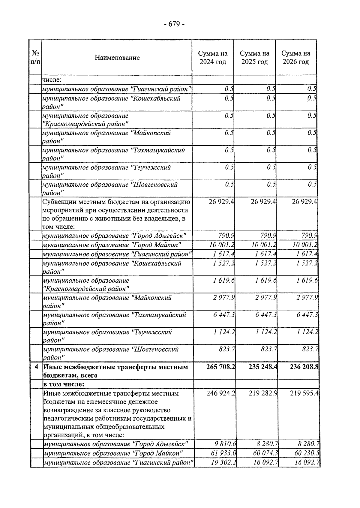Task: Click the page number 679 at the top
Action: [x=174, y=24]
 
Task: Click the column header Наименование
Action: [x=117, y=58]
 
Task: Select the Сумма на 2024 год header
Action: [x=213, y=58]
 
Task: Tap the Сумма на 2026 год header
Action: [x=296, y=58]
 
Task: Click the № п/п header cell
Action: [x=35, y=58]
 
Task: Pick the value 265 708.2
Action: [x=220, y=367]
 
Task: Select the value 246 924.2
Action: [x=220, y=393]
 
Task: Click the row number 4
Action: [x=36, y=367]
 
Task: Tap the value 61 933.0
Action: [x=223, y=453]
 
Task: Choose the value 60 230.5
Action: [x=307, y=453]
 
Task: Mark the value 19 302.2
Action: [x=223, y=462]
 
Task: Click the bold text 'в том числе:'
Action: [x=64, y=384]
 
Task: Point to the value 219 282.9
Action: [x=263, y=393]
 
